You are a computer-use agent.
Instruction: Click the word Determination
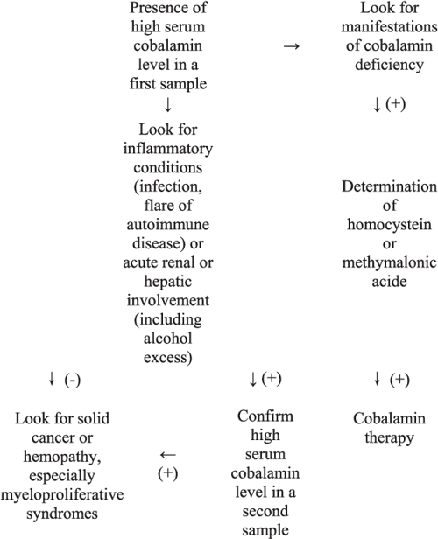(386, 185)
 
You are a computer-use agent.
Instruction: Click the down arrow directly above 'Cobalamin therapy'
(377, 378)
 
